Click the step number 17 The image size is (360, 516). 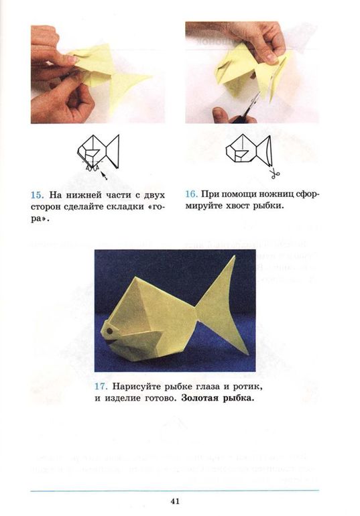pos(101,387)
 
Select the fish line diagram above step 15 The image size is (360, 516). pos(97,152)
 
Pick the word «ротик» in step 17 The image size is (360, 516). pos(239,387)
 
